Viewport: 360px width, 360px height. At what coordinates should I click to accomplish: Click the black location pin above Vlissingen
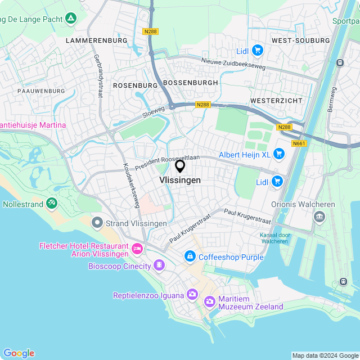point(180,166)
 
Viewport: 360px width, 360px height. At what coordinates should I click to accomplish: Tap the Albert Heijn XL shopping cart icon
point(278,154)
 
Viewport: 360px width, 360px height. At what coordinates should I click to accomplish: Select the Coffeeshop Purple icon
point(190,257)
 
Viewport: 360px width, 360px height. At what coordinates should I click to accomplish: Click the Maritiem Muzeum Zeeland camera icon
point(210,302)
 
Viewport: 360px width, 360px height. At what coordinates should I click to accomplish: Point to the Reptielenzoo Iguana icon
point(192,295)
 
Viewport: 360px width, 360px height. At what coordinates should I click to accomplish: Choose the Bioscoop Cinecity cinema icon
point(159,265)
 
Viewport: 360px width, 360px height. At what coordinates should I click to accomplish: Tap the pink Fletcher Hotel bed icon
point(136,248)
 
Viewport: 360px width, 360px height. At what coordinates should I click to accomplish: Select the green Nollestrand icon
point(52,202)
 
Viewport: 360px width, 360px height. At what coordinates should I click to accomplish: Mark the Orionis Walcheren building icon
point(319,217)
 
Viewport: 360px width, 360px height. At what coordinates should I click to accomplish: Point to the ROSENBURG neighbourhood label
point(136,85)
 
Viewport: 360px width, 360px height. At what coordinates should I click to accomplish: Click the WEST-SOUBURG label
point(300,41)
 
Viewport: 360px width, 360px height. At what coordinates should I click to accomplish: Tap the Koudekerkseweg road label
point(131,186)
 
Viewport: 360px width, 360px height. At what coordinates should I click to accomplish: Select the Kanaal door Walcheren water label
point(274,238)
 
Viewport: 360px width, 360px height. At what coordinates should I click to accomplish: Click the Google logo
point(19,353)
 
